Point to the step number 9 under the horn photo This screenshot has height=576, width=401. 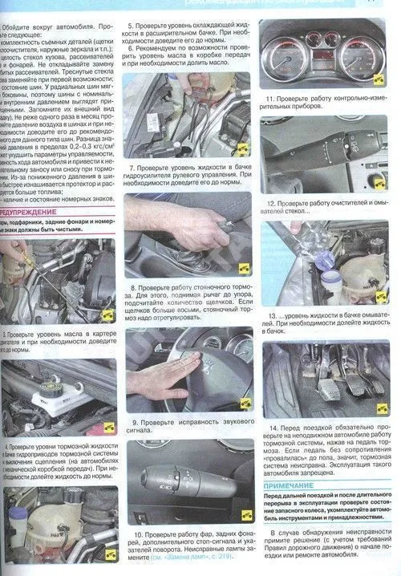133,421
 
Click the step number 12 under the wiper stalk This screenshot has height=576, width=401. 271,204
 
